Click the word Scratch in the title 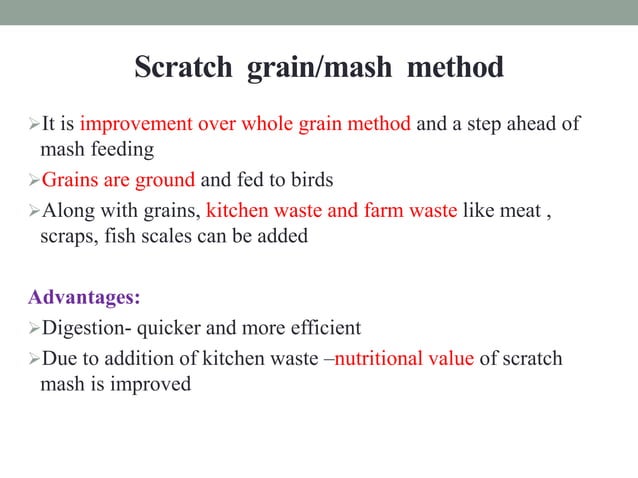click(x=181, y=69)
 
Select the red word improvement click(x=135, y=125)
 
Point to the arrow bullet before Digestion click(x=35, y=329)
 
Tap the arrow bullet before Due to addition click(x=35, y=359)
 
